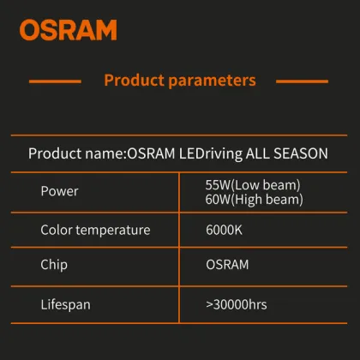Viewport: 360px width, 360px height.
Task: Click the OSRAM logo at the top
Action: [x=68, y=30]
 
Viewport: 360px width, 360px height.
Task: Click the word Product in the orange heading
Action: [x=135, y=81]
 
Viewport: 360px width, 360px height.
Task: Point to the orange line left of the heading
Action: [x=54, y=81]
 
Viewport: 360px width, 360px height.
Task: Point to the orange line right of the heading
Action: [x=303, y=81]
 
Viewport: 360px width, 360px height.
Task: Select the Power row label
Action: [x=59, y=191]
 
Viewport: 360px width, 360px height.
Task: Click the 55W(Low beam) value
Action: [x=253, y=185]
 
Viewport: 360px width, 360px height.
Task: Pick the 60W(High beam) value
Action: [x=254, y=199]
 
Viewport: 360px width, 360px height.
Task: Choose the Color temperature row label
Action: [x=95, y=231]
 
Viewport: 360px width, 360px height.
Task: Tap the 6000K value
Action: [x=225, y=231]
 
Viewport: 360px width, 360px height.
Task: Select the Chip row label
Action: [x=54, y=265]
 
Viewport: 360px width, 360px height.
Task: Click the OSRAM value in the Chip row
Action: [x=228, y=265]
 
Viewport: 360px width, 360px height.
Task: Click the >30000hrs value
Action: [x=243, y=303]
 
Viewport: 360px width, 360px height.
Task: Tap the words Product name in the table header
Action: [x=75, y=154]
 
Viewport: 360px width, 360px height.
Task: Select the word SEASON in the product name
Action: [x=299, y=154]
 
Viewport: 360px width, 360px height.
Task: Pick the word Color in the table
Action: [x=57, y=231]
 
